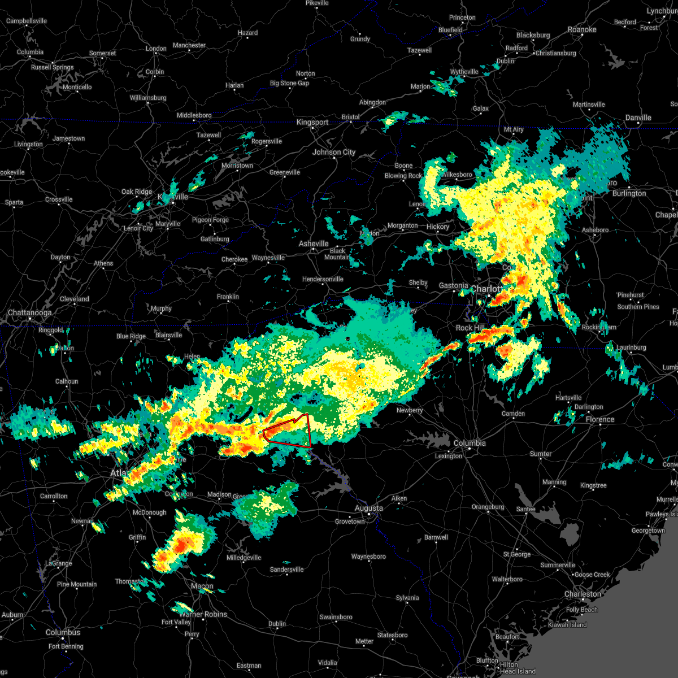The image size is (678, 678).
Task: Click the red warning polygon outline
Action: (310, 432)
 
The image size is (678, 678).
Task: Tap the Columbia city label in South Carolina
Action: (470, 443)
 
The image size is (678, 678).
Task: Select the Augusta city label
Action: (368, 508)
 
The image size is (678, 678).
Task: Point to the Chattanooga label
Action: (29, 312)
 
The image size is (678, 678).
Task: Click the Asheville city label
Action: (314, 244)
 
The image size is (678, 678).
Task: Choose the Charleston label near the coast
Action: (583, 594)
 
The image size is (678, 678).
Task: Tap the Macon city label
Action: (202, 586)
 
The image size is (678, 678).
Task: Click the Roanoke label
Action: (582, 29)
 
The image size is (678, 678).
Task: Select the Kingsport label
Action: (312, 122)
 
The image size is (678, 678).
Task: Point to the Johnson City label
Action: (334, 152)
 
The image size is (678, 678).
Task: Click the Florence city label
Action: (600, 419)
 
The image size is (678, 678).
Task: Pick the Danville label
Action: (638, 118)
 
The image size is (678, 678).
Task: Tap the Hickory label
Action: (438, 227)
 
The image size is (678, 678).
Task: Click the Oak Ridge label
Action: (137, 192)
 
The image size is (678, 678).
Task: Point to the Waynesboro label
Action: (368, 557)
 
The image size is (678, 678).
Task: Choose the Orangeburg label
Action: (488, 507)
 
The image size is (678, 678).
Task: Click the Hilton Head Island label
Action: (518, 668)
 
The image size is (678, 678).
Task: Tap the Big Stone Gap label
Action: (289, 83)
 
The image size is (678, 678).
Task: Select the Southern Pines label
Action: (638, 307)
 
